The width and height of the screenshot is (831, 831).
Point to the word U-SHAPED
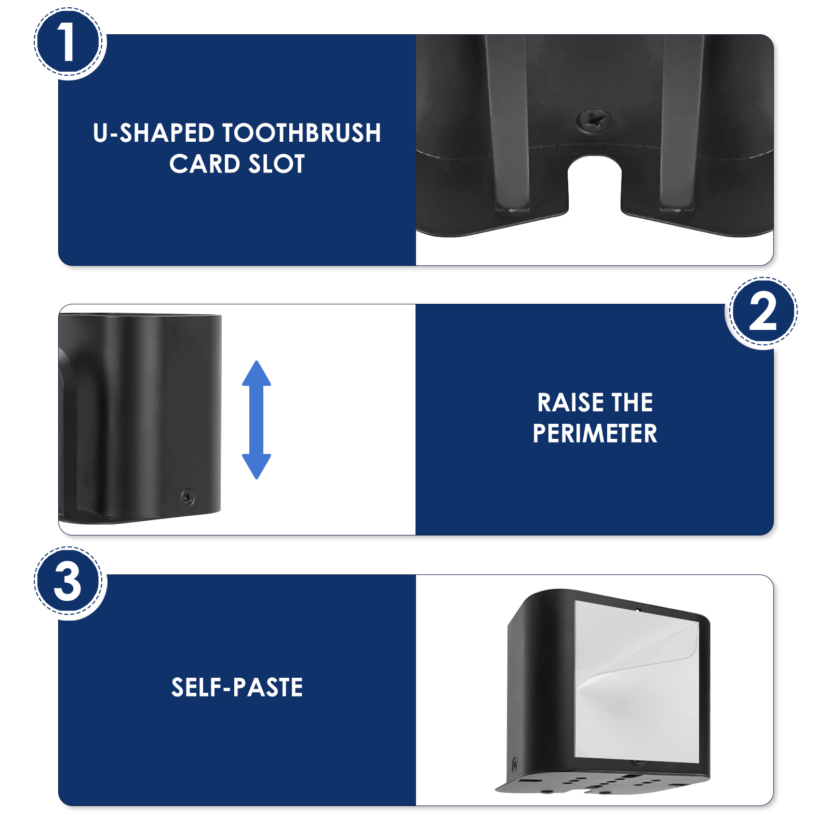pyautogui.click(x=154, y=133)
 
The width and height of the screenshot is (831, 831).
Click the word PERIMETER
pyautogui.click(x=595, y=434)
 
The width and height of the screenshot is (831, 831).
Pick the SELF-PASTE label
pyautogui.click(x=237, y=688)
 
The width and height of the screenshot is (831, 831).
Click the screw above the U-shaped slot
pyautogui.click(x=595, y=120)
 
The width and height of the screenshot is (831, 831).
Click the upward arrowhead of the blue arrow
pyautogui.click(x=257, y=373)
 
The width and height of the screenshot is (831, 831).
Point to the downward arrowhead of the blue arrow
pyautogui.click(x=257, y=466)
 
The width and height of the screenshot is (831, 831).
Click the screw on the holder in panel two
pyautogui.click(x=187, y=497)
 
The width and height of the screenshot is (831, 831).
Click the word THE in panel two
pyautogui.click(x=632, y=403)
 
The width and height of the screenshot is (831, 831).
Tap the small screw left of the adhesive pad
pyautogui.click(x=515, y=764)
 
